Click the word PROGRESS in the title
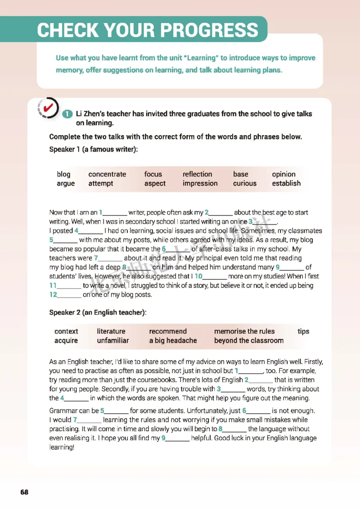[210, 30]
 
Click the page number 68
[24, 492]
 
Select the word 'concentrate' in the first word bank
[107, 174]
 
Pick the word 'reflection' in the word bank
[197, 174]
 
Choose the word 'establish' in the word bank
[286, 183]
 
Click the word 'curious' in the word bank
[245, 183]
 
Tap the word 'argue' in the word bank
[66, 183]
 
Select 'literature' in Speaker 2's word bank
[111, 331]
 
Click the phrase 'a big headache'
[173, 340]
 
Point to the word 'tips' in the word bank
[303, 331]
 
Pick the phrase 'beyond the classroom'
[249, 340]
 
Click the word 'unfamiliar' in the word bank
[113, 340]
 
